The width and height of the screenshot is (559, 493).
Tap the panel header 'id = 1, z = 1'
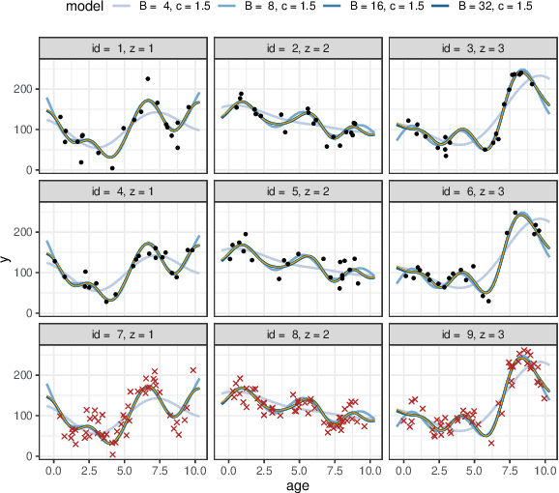point(122,48)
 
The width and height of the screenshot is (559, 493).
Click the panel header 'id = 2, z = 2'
point(298,48)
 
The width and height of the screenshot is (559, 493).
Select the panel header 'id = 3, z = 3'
point(473,48)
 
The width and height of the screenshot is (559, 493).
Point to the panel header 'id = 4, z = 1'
point(122,191)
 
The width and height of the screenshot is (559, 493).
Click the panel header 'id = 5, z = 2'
point(298,191)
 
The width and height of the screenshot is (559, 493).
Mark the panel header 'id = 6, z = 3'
point(473,191)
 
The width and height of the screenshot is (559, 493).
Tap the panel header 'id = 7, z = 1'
point(122,334)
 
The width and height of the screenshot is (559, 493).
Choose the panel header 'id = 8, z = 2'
point(298,334)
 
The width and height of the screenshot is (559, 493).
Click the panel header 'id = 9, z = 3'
point(473,334)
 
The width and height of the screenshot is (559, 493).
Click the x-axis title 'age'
point(298,484)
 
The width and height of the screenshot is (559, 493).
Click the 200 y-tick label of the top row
point(22,89)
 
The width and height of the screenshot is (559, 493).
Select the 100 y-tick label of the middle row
point(22,273)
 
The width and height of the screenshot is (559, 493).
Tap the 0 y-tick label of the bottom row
point(28,456)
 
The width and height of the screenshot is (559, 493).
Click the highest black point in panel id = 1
point(148,79)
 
